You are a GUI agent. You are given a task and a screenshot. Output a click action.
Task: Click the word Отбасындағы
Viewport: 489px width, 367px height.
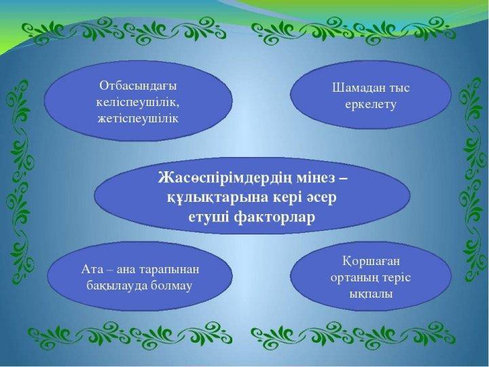coord(138,86)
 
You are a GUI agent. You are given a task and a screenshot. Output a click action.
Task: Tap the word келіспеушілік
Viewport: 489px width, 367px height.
coord(138,103)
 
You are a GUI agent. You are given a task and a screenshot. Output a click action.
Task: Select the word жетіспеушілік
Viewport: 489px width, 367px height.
coord(138,118)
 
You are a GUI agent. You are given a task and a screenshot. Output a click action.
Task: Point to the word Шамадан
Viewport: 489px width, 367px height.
coord(358,88)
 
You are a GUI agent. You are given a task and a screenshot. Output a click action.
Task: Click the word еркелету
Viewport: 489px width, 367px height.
coord(371,105)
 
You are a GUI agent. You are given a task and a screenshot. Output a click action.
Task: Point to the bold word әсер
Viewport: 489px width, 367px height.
coord(322,198)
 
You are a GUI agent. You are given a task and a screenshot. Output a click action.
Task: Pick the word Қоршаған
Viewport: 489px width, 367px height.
coord(371,262)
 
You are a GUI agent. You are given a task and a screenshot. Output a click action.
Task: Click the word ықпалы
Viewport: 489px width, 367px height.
coord(371,294)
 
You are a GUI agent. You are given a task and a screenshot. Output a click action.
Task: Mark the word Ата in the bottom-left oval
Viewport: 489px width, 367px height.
coord(92,269)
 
